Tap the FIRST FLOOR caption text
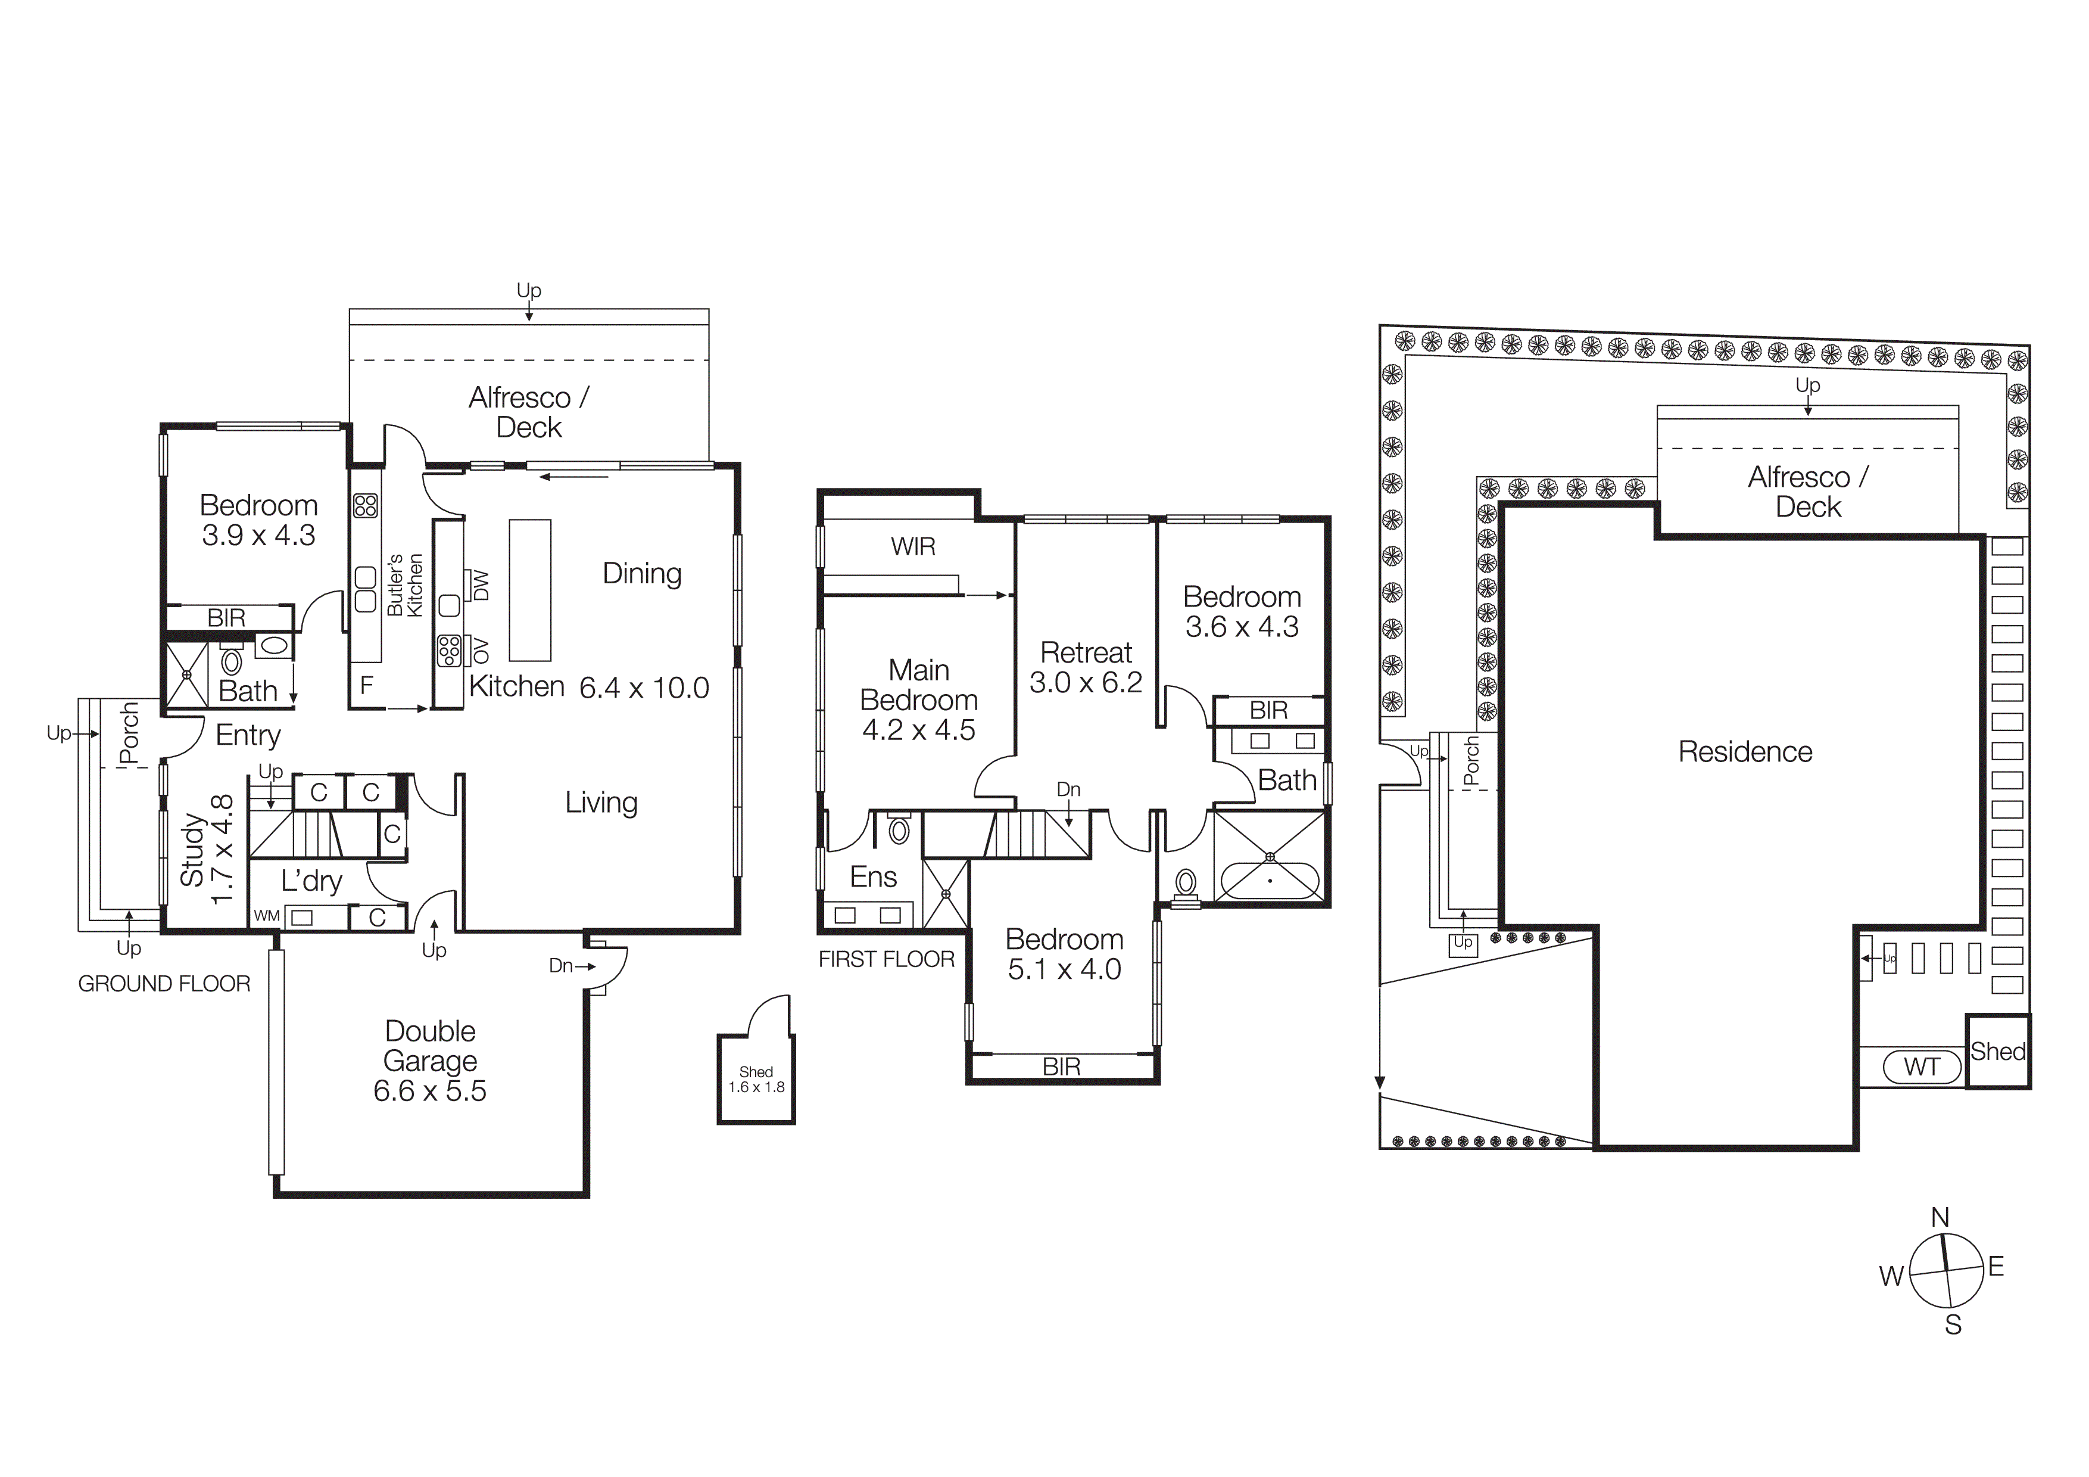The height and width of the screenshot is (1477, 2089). [x=886, y=959]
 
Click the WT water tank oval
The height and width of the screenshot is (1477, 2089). [x=1922, y=1066]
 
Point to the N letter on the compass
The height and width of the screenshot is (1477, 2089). [x=1940, y=1218]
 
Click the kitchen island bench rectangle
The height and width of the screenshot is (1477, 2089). [x=529, y=590]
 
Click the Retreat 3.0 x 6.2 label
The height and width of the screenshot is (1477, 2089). [x=1086, y=667]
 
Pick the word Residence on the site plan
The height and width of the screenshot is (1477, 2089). [x=1745, y=752]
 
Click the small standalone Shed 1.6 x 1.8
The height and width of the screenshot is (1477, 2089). [x=756, y=1080]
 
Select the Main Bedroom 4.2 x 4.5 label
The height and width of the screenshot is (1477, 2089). [x=918, y=700]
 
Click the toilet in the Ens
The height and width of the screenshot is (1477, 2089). [x=899, y=830]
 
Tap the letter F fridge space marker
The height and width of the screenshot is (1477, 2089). [x=367, y=685]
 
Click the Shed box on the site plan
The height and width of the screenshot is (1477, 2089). [x=1997, y=1052]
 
